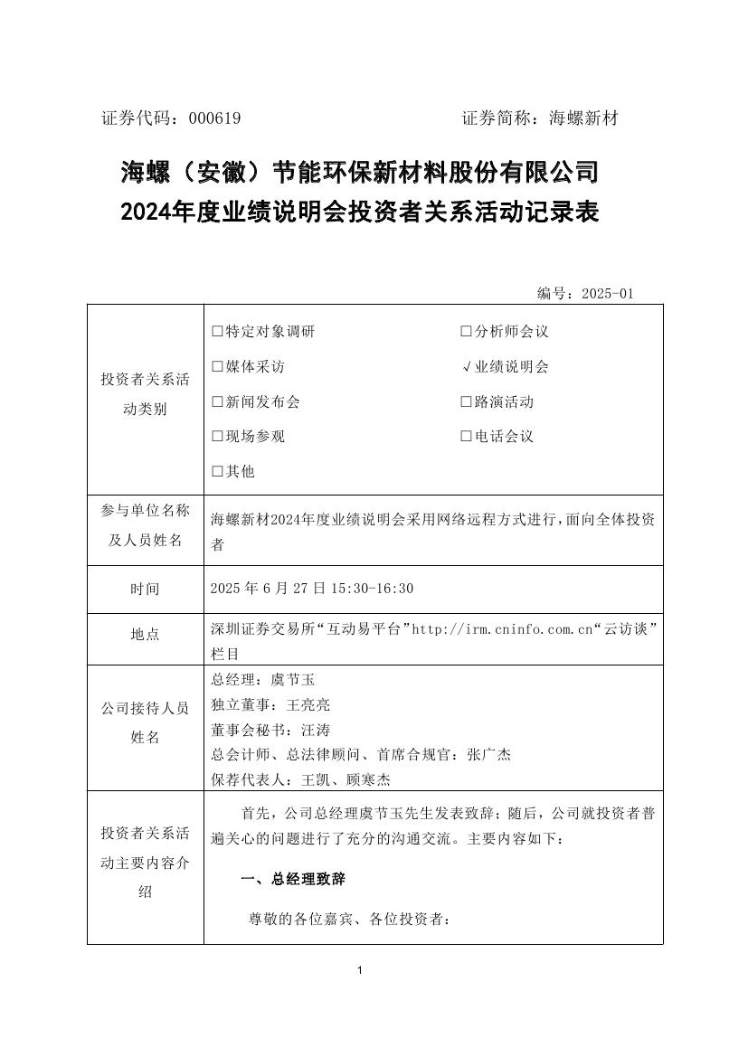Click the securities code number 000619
pos(214,118)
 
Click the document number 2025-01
pos(608,293)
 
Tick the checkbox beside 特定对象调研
pos(217,332)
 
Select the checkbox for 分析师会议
pos(467,332)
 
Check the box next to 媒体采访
pos(217,367)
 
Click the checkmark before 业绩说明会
pos(467,367)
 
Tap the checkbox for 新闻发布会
pos(217,402)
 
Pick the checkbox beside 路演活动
pos(467,402)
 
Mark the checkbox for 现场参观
pos(217,437)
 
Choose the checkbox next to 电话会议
pos(467,437)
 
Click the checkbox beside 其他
pos(217,472)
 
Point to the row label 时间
pos(145,590)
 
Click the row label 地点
pos(145,635)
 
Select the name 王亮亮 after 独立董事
pos(308,704)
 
